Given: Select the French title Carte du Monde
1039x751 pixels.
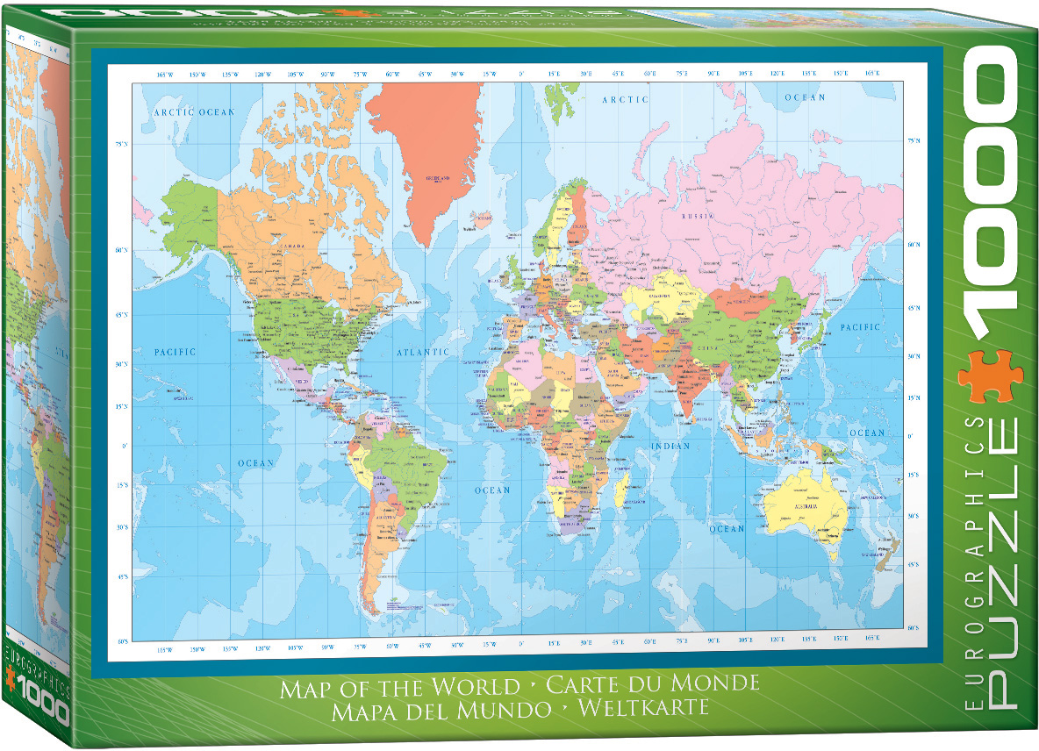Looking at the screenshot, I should coord(652,683).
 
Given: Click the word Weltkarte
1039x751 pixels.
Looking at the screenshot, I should coord(641,708).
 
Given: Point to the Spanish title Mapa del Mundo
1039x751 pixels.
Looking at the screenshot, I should coord(441,710).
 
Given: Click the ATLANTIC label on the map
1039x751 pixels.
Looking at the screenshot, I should coord(423,352).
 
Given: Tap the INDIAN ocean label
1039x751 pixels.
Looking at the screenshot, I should coord(670,447).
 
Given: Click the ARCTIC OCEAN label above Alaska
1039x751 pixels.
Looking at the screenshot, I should coord(195,112).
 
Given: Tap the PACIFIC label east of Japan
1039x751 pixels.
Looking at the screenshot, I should coord(859,327).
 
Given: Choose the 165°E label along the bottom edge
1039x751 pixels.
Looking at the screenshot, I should coord(871,650).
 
